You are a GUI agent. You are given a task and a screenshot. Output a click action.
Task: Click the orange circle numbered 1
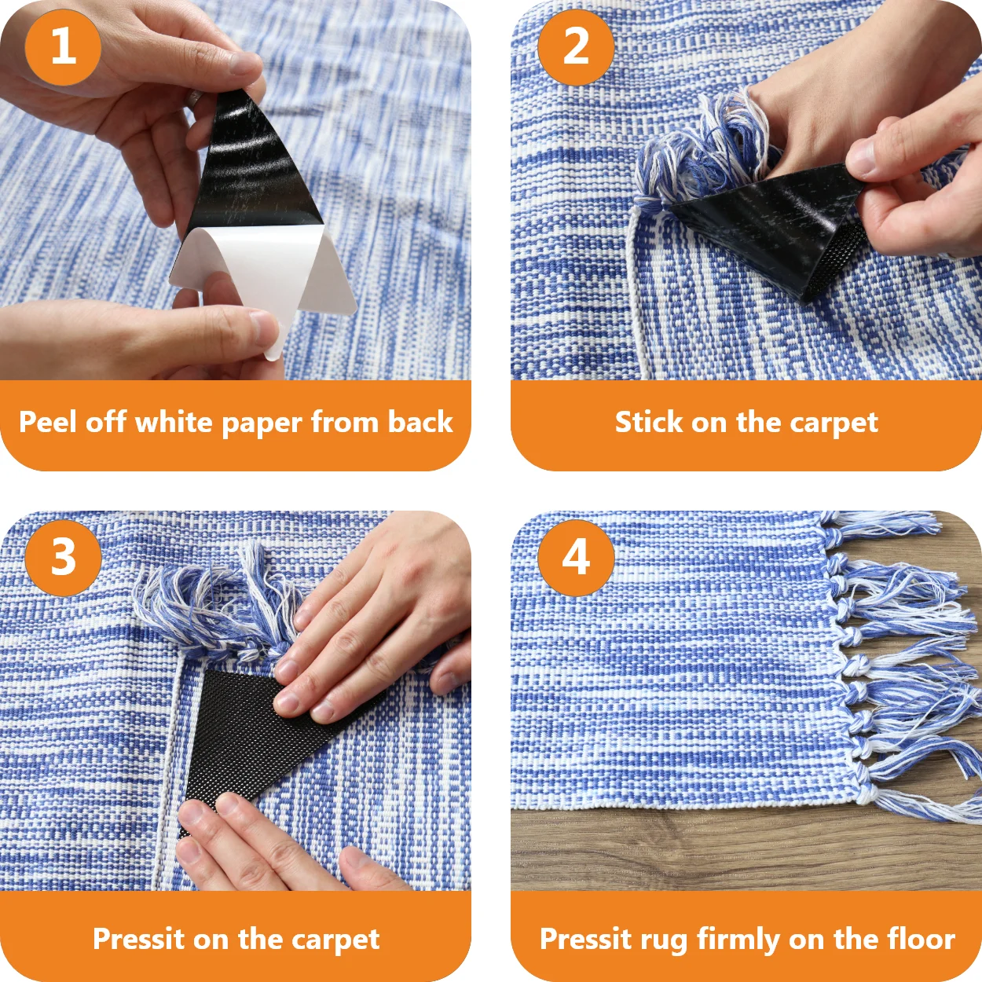tap(63, 47)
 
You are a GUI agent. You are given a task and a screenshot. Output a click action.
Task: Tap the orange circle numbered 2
tap(576, 47)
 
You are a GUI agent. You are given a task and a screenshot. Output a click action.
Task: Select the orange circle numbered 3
tap(63, 558)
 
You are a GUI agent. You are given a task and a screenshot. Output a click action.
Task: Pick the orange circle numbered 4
tap(576, 558)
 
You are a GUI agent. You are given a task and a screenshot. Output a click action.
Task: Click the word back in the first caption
tap(420, 422)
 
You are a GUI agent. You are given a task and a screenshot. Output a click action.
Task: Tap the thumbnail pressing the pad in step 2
tap(860, 157)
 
